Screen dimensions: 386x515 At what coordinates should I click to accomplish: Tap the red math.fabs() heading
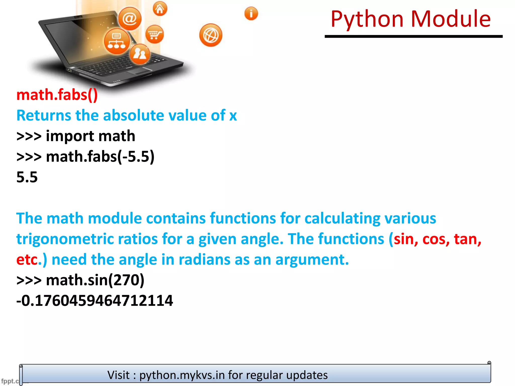pos(57,95)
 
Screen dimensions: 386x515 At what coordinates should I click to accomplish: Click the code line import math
pos(90,136)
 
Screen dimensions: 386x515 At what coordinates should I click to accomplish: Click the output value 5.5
pos(27,177)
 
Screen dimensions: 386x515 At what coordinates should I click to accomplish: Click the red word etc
pos(27,260)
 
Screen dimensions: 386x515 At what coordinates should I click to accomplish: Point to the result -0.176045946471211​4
pos(95,301)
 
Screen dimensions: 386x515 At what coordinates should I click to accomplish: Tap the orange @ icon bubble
pos(130,19)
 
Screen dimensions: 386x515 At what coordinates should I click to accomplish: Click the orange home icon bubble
pos(160,9)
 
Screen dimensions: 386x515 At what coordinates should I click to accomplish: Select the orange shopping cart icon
pos(154,34)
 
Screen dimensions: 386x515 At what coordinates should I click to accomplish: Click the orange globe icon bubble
pos(211,35)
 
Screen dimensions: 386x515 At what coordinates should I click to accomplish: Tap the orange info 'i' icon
pos(251,14)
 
